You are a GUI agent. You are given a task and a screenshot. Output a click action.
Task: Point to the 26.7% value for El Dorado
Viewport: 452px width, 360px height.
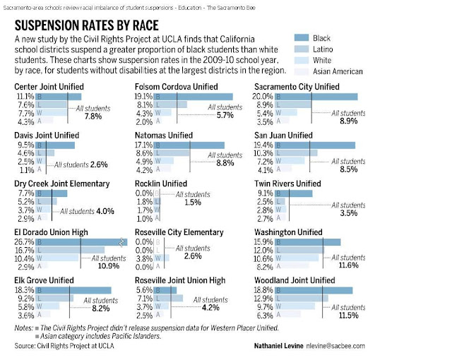click(25, 242)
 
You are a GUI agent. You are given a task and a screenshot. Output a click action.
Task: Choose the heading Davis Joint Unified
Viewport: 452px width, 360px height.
click(50, 135)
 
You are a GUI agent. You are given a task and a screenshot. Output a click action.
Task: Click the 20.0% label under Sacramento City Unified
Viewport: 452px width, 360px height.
click(264, 97)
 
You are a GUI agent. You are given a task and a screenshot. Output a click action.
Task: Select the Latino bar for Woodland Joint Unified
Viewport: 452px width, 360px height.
click(299, 299)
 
